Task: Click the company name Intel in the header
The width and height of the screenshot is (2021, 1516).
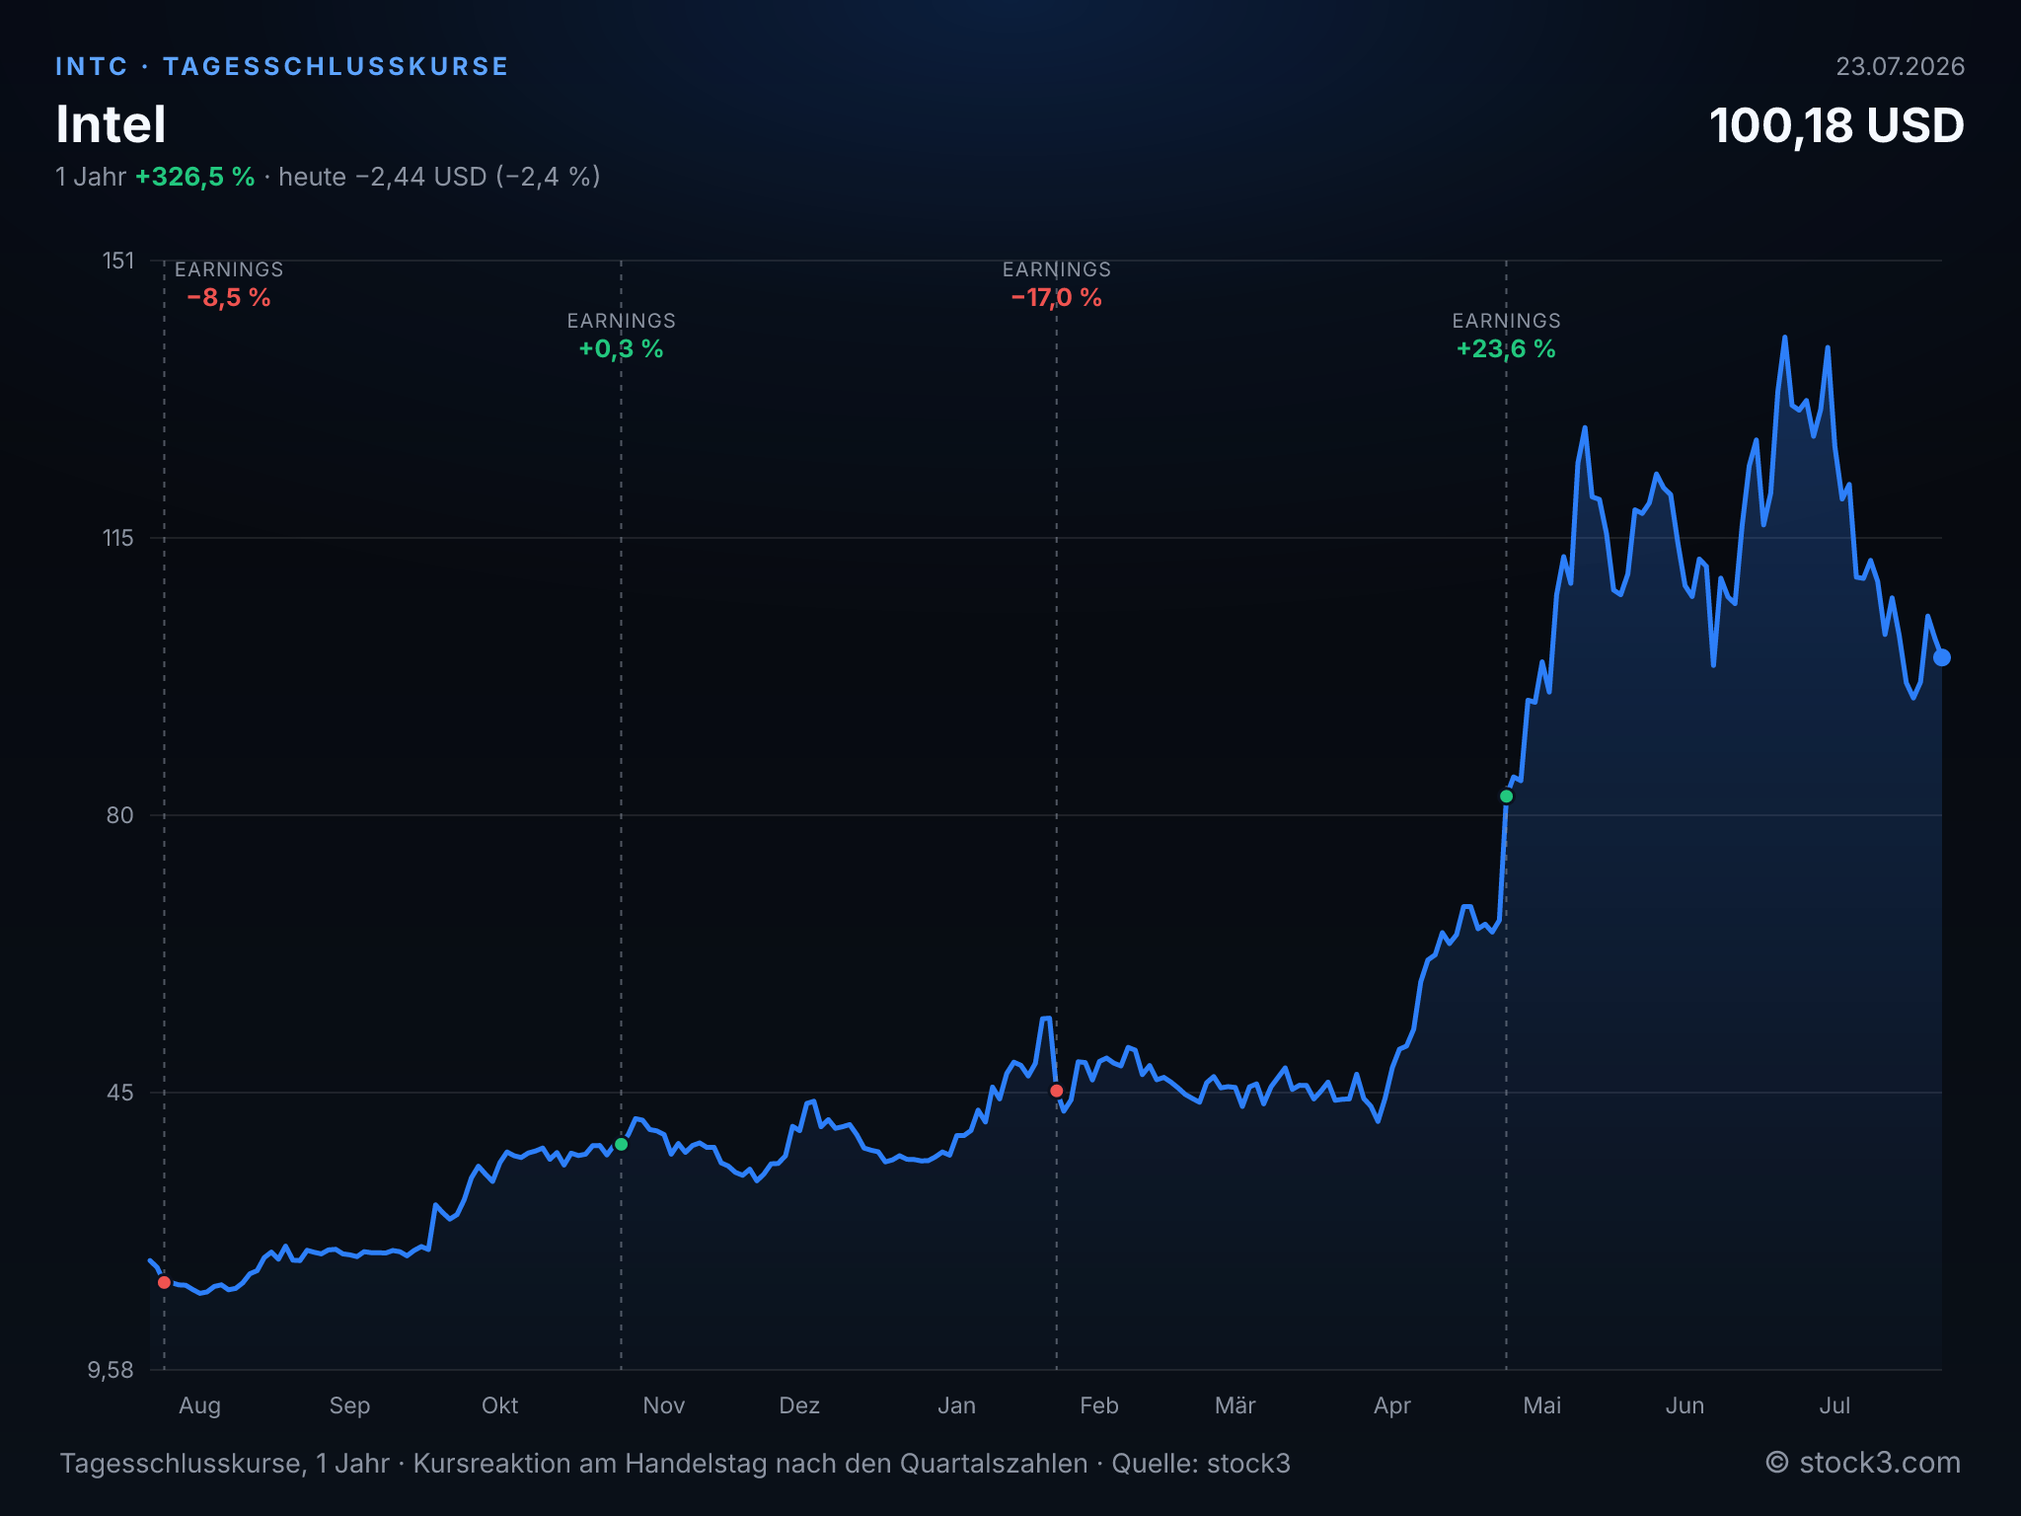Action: (111, 125)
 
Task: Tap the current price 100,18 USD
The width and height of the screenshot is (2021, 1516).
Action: (1836, 126)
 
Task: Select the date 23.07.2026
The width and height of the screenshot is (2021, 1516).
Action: (1900, 66)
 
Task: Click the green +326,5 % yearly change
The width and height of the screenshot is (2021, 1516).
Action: (195, 177)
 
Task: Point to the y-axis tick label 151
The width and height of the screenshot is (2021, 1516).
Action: (118, 261)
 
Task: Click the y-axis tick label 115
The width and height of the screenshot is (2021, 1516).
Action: (118, 538)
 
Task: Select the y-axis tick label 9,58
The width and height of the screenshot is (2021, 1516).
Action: (111, 1370)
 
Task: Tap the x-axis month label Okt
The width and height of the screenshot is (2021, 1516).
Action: (499, 1405)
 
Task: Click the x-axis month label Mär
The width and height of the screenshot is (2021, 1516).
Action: (1235, 1405)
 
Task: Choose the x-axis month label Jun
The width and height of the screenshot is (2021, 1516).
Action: (1684, 1405)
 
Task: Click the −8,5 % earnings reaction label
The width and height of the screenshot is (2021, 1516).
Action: (229, 298)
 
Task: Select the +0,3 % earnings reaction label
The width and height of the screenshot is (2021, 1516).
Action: (621, 349)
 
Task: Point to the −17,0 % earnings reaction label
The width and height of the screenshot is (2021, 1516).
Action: (1057, 298)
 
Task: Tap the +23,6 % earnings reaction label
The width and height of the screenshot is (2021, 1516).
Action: (1506, 349)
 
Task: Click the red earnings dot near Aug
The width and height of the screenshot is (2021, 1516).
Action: (164, 1282)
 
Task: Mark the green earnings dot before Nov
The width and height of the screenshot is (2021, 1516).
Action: (621, 1144)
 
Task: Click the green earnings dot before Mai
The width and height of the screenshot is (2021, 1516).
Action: (1506, 796)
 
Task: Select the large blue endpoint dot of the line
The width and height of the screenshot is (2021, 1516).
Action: (1941, 657)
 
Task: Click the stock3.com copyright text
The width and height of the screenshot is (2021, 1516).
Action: (1863, 1463)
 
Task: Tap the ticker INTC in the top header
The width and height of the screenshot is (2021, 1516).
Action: (92, 66)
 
